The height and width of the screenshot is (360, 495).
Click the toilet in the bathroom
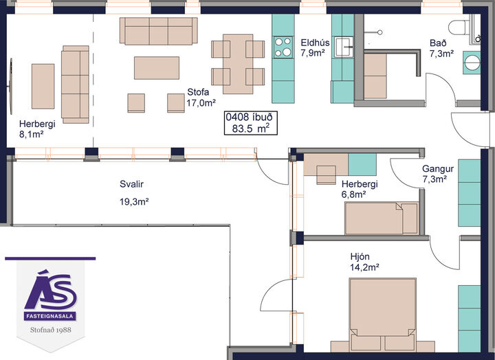(459, 27)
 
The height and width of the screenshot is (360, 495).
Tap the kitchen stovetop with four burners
(283, 47)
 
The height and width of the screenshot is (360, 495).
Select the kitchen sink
(344, 47)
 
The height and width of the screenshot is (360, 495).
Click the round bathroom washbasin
(472, 63)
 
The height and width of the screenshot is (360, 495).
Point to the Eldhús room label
(315, 43)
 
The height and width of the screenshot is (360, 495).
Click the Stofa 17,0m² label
(201, 98)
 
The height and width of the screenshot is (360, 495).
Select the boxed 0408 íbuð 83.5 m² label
(251, 123)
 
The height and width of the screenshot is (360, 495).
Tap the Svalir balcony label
(131, 184)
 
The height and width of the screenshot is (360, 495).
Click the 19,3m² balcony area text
(134, 201)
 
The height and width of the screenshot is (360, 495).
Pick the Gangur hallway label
(438, 169)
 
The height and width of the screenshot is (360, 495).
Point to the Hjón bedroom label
(360, 256)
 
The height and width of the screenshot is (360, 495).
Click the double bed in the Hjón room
(383, 315)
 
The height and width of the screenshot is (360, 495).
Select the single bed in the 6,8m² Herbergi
(382, 218)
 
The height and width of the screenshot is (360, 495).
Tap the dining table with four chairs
(238, 64)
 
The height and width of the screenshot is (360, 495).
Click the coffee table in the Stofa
(157, 68)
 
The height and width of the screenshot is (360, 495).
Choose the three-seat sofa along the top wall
(159, 31)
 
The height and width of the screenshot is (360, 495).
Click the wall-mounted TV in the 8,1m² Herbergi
(11, 86)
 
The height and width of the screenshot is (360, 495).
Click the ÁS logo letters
(50, 291)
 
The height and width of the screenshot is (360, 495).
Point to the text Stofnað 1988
(50, 330)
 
